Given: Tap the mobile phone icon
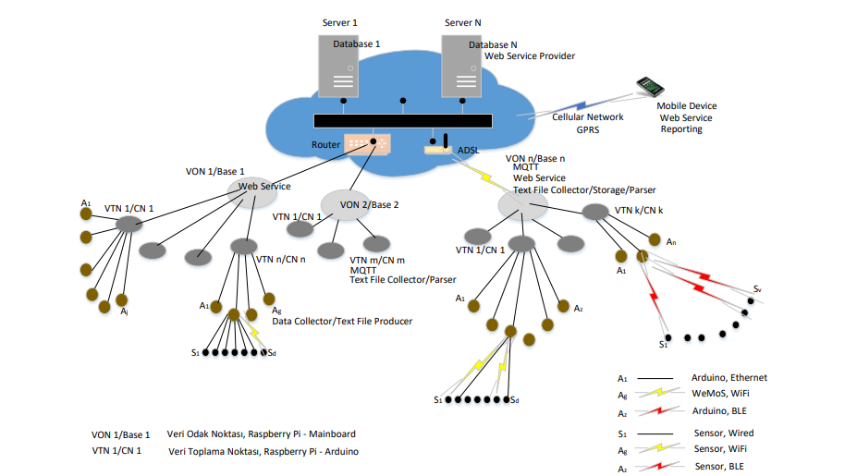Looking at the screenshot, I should tap(650, 87).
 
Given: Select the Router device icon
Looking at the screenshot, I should tap(367, 144).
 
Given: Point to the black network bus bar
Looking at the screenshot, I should tap(402, 121).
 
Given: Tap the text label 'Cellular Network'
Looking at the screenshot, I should tap(588, 117).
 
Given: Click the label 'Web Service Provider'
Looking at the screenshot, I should tap(530, 56).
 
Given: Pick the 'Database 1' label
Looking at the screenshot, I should tap(351, 43).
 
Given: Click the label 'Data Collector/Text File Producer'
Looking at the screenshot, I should tap(342, 322).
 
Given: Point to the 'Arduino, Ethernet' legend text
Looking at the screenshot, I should tap(729, 378).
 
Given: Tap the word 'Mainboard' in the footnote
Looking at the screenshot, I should tap(332, 434).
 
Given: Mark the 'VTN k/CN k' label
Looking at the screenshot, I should tap(639, 211).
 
